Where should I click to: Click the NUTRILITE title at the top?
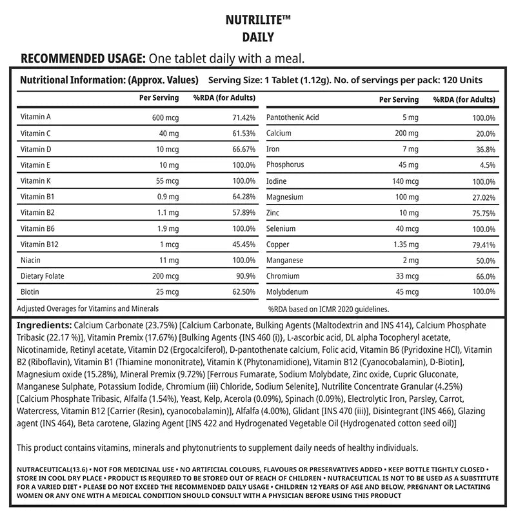click(x=258, y=19)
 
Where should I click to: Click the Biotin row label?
click(x=30, y=291)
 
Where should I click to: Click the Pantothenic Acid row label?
click(x=292, y=117)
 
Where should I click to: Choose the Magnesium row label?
click(x=284, y=197)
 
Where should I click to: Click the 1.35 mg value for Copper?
click(x=404, y=244)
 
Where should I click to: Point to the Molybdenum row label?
click(x=288, y=291)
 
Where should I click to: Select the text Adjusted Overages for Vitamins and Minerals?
click(x=87, y=309)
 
